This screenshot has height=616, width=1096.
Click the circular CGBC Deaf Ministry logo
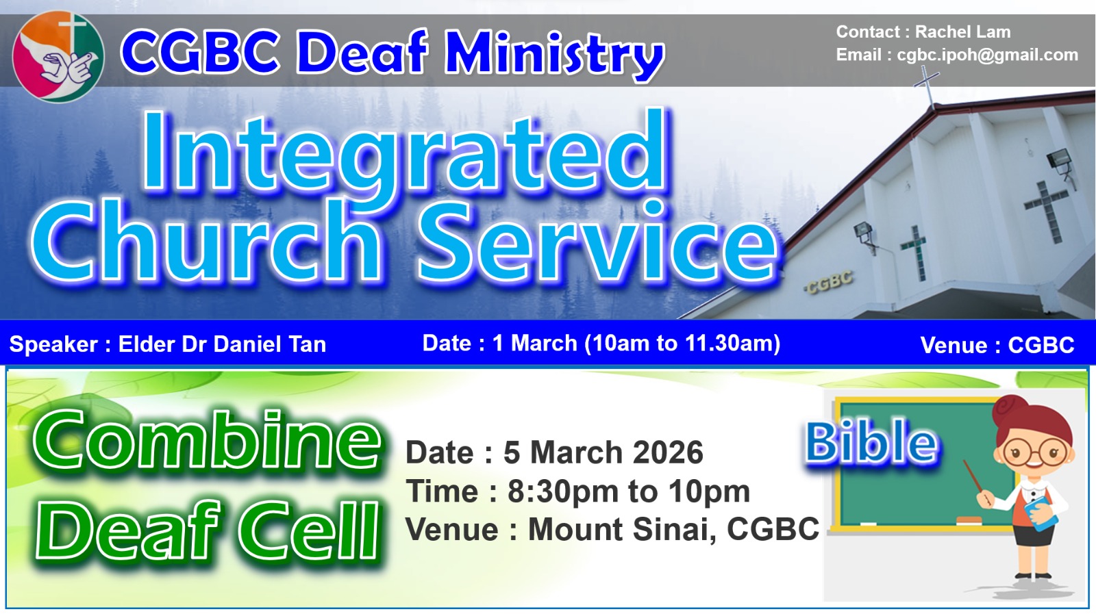[x=58, y=57]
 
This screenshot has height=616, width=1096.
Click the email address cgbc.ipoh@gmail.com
[x=987, y=55]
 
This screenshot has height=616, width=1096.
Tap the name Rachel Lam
[x=962, y=31]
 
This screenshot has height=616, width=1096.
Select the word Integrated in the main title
[x=405, y=151]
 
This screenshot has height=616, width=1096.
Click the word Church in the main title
[x=206, y=240]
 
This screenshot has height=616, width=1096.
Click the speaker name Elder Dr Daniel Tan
[x=222, y=344]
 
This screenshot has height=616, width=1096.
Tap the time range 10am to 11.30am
[x=682, y=343]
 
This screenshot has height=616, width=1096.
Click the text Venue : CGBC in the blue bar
[x=997, y=345]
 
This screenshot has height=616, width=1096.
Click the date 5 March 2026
[x=603, y=452]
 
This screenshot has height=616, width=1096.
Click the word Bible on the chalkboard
[x=871, y=443]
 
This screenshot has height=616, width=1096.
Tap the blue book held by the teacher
[x=1041, y=513]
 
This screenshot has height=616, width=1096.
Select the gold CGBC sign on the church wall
[x=829, y=282]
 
